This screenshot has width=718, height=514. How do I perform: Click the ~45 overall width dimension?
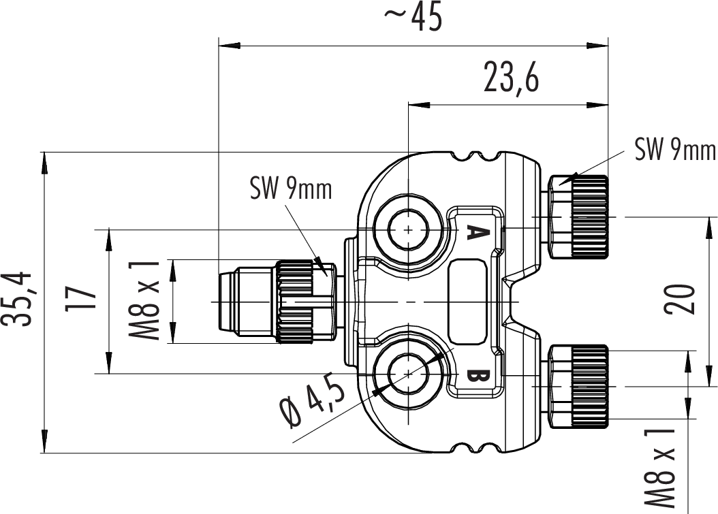(x=413, y=18)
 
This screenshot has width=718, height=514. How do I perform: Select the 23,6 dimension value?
(x=511, y=77)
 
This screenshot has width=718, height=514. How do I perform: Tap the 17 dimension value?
(x=80, y=300)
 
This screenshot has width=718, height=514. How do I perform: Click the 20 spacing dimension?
(x=681, y=298)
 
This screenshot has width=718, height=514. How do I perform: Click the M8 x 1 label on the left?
(x=149, y=300)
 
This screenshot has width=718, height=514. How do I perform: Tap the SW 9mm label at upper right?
(x=674, y=150)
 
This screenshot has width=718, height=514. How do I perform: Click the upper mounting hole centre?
(x=408, y=230)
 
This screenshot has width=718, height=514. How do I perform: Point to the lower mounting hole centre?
(x=408, y=373)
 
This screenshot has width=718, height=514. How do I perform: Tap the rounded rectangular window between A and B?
(x=467, y=300)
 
